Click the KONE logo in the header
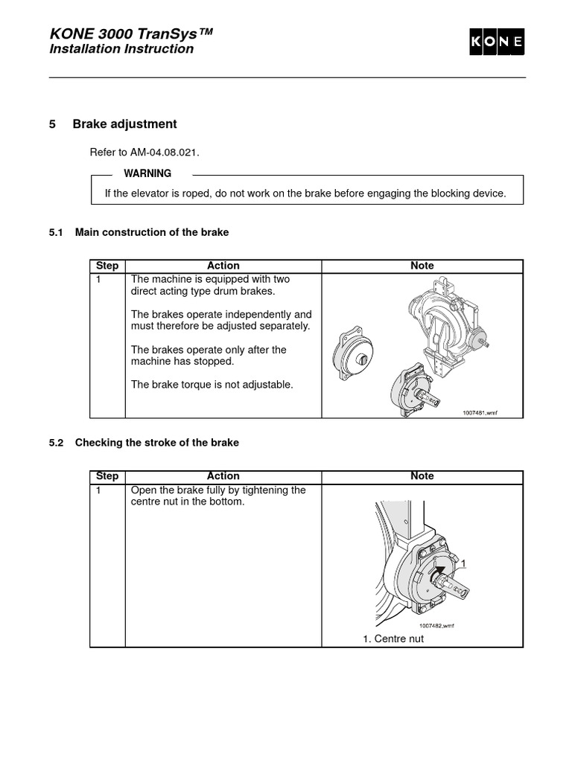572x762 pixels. click(x=497, y=43)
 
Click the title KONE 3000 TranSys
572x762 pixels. click(x=132, y=33)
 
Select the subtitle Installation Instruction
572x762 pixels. click(x=121, y=49)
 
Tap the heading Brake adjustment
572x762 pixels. click(x=124, y=124)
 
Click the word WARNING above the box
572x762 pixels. click(x=147, y=173)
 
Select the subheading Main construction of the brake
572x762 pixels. click(x=152, y=232)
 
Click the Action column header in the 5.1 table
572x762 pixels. click(x=223, y=266)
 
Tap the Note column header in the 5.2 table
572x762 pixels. click(x=422, y=476)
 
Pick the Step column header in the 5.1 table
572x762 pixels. click(x=107, y=266)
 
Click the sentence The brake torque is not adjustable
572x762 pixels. click(x=212, y=385)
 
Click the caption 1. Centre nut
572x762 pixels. click(x=393, y=638)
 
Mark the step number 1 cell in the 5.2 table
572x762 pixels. click(x=99, y=491)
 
